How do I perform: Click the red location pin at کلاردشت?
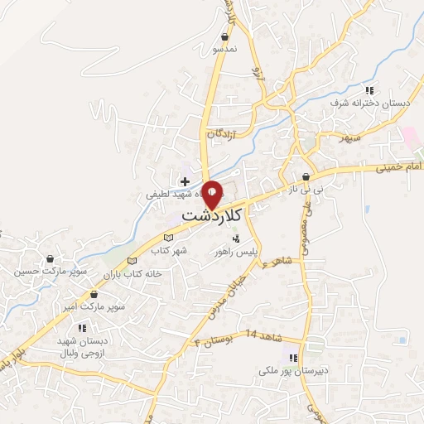[x=212, y=195]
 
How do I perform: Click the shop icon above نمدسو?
[x=224, y=36]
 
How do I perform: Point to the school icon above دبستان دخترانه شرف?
[x=371, y=89]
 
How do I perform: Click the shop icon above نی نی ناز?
[x=306, y=176]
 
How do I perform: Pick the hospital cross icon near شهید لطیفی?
[x=184, y=181]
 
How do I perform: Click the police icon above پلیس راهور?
[x=237, y=238]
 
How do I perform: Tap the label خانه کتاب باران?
[x=130, y=273]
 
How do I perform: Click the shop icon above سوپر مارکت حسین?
[x=51, y=258]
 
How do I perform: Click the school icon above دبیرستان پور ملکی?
[x=291, y=358]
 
